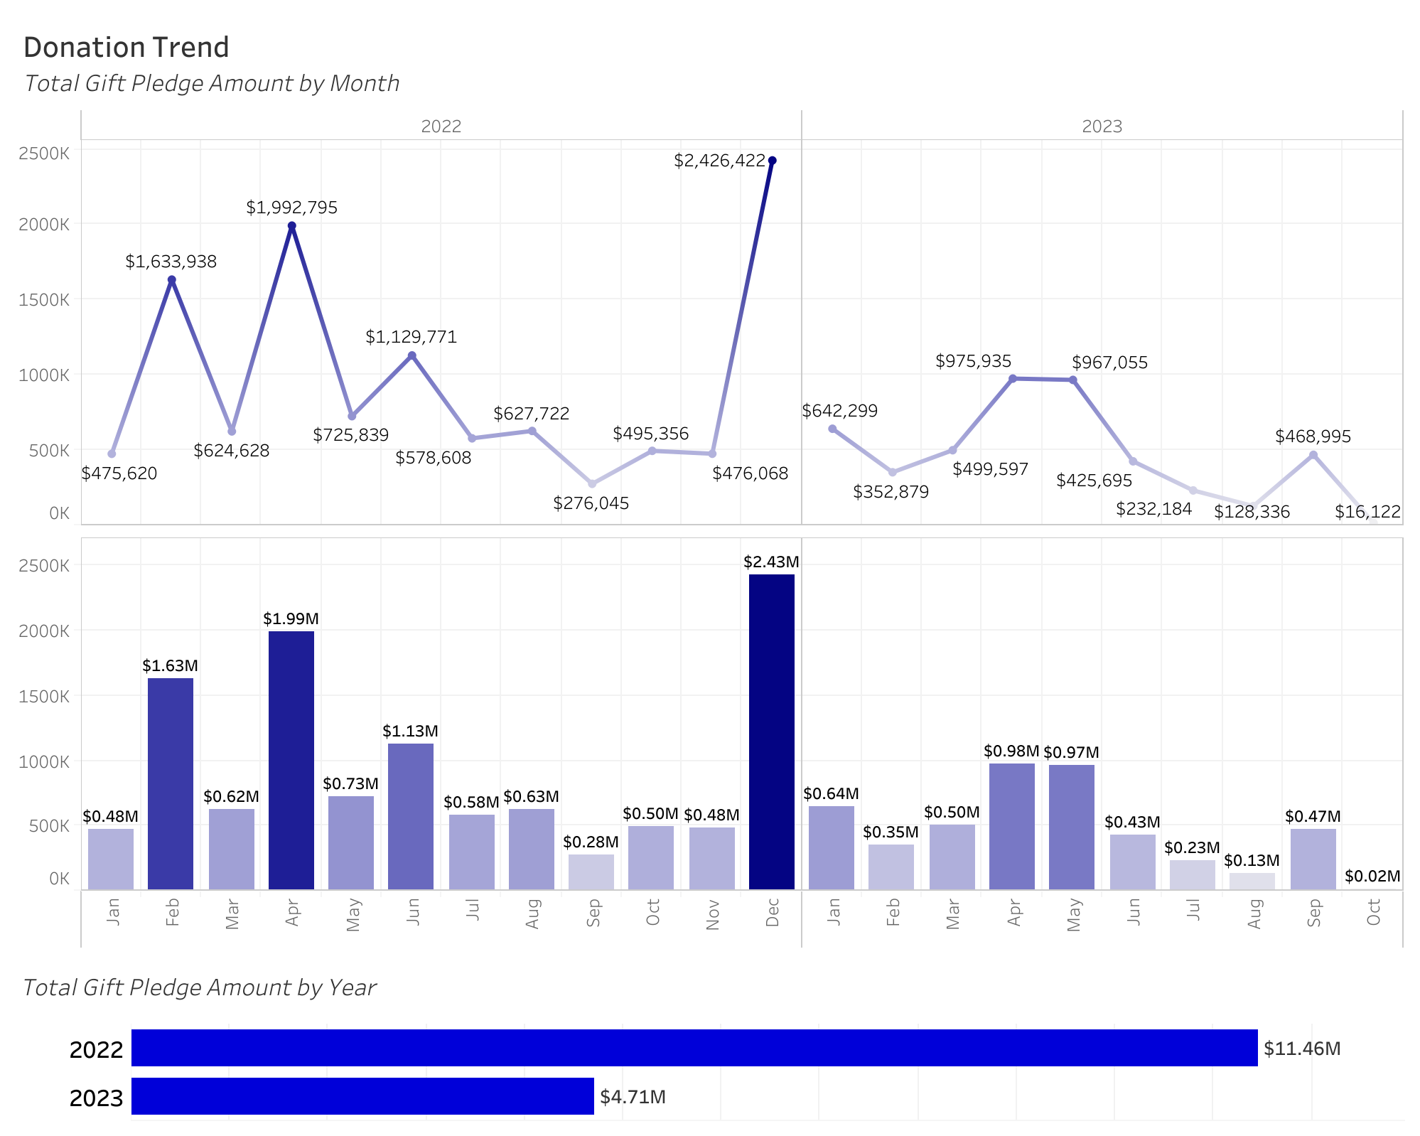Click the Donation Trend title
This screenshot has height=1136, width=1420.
127,48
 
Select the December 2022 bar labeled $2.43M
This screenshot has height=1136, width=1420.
772,732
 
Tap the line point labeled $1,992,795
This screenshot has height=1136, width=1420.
292,226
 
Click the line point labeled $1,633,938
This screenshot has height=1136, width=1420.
172,280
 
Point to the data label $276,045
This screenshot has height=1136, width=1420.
591,503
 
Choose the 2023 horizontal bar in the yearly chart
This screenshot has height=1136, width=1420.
362,1096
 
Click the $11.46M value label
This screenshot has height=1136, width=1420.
1302,1049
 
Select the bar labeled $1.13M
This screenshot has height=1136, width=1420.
411,816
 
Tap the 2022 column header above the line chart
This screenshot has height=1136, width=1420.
441,127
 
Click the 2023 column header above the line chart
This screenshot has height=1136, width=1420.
1102,127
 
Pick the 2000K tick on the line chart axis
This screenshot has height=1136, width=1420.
44,225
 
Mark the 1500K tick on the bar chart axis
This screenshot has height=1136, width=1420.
44,696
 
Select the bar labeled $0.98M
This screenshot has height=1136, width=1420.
1012,826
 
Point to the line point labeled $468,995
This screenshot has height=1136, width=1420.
1313,455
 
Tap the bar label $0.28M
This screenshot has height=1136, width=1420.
591,842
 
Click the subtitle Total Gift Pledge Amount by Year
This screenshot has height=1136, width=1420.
200,987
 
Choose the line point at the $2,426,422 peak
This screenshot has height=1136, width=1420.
773,161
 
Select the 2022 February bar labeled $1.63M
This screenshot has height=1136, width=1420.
171,783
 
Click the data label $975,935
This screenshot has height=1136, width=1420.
973,361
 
